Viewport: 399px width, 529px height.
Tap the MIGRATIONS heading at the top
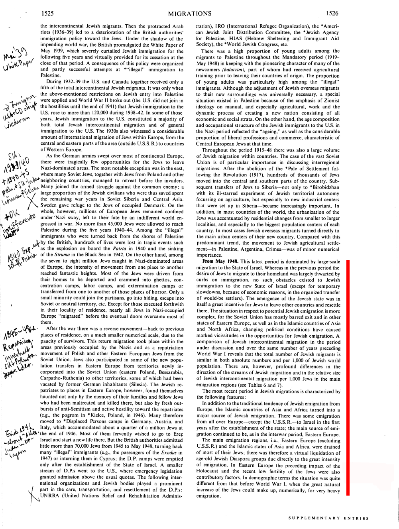(190, 14)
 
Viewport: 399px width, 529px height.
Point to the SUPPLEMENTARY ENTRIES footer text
(329, 518)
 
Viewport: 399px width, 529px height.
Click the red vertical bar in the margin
(348, 377)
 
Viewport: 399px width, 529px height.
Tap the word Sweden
(51, 205)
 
